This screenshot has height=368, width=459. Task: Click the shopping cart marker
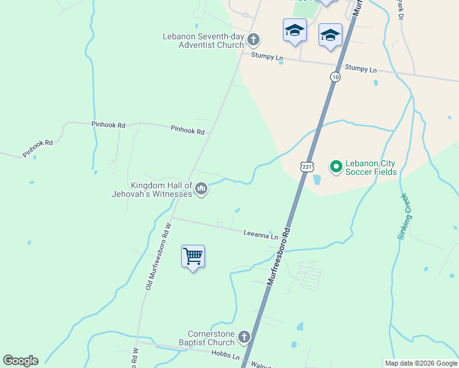(193, 257)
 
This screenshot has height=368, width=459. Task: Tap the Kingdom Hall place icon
(201, 190)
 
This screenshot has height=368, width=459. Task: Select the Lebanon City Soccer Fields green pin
(336, 166)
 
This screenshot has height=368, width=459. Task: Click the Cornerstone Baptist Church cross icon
(244, 337)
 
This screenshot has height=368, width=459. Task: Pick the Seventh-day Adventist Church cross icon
(253, 40)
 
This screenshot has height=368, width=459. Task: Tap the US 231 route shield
(307, 166)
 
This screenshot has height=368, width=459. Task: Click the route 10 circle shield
(334, 77)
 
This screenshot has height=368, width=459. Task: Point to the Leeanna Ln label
(260, 234)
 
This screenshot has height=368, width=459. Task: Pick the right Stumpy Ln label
(361, 69)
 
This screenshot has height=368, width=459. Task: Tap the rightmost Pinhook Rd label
(187, 130)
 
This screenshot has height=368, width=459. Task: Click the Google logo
(20, 361)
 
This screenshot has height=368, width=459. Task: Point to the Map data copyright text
(420, 363)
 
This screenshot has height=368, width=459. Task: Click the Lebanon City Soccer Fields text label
(371, 167)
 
